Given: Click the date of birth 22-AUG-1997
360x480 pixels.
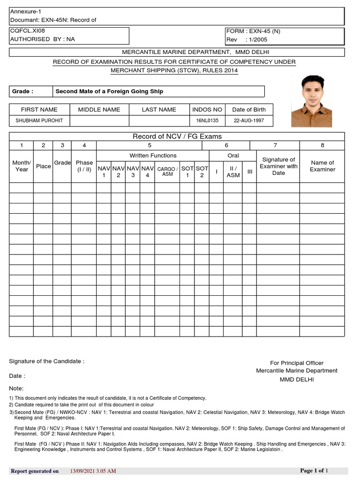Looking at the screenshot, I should pos(249,121).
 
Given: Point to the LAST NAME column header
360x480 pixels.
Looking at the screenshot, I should pos(159,110).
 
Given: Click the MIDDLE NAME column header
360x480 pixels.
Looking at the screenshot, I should pos(99,110).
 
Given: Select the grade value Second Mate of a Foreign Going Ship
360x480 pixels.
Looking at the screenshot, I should pos(109,91).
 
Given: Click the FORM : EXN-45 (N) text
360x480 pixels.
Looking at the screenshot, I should pos(253,31).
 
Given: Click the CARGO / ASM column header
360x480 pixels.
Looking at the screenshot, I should pos(167,171).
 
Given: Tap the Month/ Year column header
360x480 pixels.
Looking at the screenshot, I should pos(22,166).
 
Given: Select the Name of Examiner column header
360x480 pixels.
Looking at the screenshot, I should pos(322,166).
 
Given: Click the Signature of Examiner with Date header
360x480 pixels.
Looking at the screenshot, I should pos(278,166).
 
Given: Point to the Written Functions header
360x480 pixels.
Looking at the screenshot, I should pos(153,156).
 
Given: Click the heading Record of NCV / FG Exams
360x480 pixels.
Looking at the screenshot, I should pos(177,136).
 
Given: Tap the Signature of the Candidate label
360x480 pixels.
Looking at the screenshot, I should pos(47,361).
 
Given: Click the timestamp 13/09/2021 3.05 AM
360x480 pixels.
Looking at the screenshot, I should pos(93,471).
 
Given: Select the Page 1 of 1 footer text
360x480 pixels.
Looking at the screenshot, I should pos(314,470).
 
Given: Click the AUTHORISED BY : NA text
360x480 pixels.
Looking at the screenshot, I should pos(42,39).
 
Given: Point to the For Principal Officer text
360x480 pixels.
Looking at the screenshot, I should pos(297,363).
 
